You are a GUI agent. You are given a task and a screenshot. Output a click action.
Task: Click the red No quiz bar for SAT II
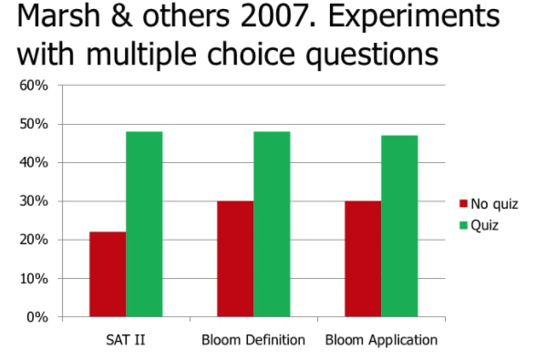[108, 274]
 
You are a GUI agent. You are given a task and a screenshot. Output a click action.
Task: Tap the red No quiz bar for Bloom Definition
[235, 259]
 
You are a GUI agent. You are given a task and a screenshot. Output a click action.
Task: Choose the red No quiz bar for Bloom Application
[363, 259]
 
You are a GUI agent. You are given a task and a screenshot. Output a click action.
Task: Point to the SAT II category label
[125, 341]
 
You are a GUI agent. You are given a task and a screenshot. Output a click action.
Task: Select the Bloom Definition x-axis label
[253, 341]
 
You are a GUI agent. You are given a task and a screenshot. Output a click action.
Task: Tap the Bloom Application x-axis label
[380, 341]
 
